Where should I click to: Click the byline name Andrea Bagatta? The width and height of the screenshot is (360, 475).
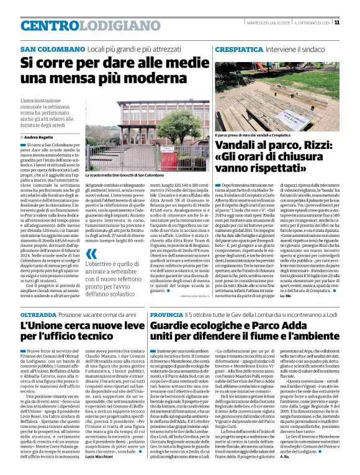[x=39, y=136]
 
